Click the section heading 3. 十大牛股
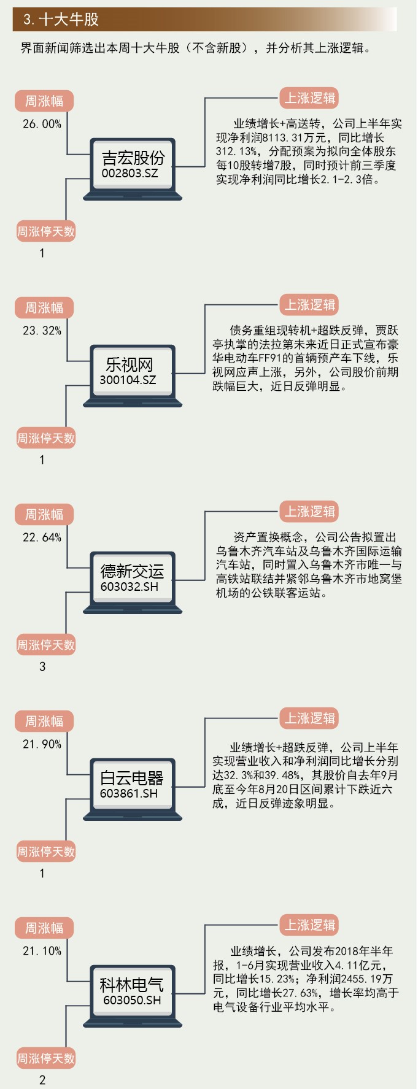point(61,20)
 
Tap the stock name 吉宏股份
point(133,158)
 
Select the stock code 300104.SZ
point(128,380)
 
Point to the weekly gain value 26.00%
point(42,124)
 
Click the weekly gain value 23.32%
point(42,331)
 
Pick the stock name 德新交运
point(132,572)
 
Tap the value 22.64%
point(42,537)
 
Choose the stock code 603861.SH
point(129,793)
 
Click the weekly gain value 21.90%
point(42,744)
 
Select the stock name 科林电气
point(131,985)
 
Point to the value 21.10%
point(42,951)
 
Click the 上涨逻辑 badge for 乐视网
point(310,305)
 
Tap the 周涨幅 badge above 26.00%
point(44,101)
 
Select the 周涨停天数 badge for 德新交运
point(45,645)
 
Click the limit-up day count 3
point(42,667)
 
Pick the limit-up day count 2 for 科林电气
point(42,1080)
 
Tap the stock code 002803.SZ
point(130,173)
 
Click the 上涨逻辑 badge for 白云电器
point(310,718)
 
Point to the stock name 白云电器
point(132,779)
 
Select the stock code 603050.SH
point(132,1000)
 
